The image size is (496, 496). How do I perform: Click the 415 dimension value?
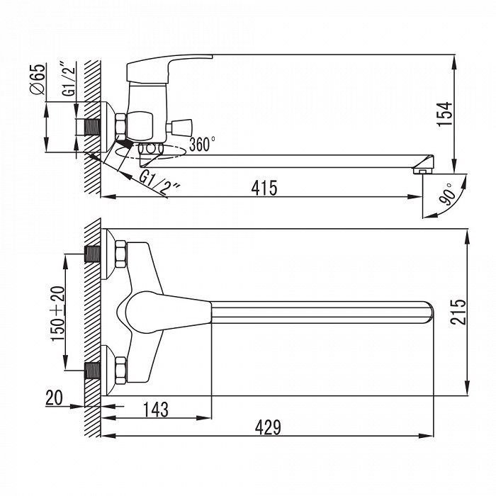coord(264,188)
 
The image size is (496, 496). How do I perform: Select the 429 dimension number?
coord(268,427)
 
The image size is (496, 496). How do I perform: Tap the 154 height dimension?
coord(444,114)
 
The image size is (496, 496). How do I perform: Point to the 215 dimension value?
coord(458,312)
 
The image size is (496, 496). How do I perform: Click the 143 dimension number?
coord(156,410)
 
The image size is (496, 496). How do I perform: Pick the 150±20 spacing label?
coord(58,313)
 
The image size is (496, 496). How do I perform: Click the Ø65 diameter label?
coord(38,79)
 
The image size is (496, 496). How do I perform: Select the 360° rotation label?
coord(202,145)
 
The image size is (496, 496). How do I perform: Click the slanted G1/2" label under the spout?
coord(159,184)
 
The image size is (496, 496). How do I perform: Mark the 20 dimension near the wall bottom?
coord(54,398)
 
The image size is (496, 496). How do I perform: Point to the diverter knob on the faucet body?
coord(179,127)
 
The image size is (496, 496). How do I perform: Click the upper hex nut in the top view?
coord(120,254)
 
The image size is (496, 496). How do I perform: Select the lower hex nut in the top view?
coord(120,371)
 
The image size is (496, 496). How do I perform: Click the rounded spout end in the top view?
coord(429,312)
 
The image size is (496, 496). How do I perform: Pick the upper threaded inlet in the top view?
coord(93,254)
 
